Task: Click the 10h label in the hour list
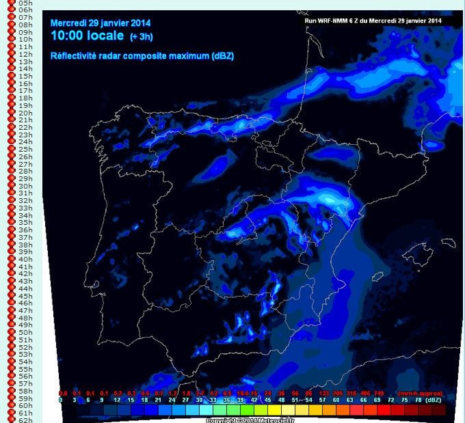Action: [25, 40]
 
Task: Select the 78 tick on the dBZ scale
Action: [417, 400]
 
